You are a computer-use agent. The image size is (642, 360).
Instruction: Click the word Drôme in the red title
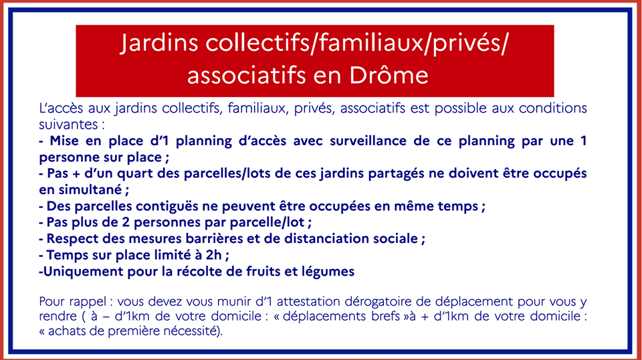pos(389,75)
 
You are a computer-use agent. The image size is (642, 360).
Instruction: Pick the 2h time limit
pos(213,255)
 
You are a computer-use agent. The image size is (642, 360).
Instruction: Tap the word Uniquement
pos(83,272)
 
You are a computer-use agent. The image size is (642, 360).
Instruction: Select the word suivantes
pos(67,124)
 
